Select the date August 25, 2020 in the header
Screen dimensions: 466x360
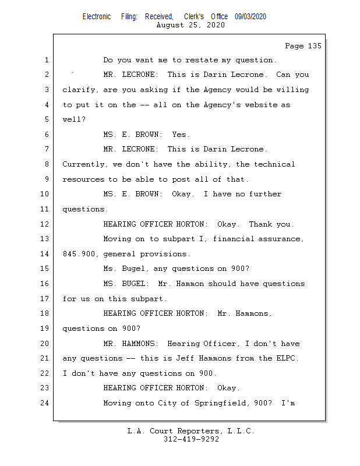tap(191, 25)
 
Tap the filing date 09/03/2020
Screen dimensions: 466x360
tap(250, 17)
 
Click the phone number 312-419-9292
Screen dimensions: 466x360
tap(191, 440)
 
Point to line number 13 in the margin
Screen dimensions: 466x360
tap(46, 239)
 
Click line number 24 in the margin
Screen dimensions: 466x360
tap(46, 403)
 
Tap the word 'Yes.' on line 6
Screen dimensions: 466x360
tap(181, 135)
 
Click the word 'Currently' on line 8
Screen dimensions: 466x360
tap(84, 164)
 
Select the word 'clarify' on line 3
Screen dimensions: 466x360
tap(80, 90)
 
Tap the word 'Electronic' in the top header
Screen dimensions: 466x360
tap(97, 17)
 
